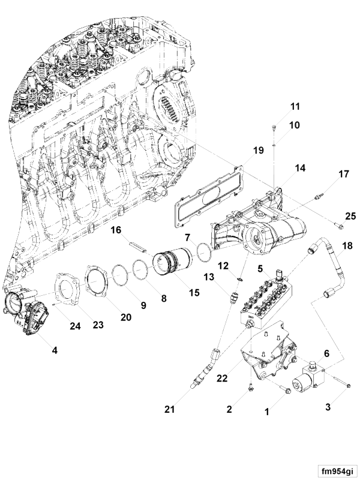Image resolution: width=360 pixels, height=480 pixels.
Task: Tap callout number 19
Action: click(258, 151)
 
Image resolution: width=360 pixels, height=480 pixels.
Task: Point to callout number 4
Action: click(55, 349)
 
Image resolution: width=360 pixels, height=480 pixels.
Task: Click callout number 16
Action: click(116, 230)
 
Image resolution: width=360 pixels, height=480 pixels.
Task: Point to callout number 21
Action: click(170, 409)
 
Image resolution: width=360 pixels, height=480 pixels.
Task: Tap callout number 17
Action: click(343, 175)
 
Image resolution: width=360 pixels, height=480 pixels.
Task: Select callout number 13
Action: click(208, 277)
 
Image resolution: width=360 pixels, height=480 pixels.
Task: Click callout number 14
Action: click(298, 169)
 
